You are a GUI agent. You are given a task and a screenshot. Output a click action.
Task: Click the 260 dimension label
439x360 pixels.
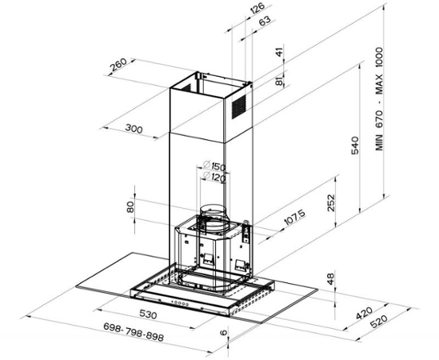click(x=118, y=65)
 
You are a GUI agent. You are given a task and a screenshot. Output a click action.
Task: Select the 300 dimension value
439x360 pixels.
click(x=134, y=129)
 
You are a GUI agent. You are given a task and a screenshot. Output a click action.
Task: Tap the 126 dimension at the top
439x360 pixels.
click(x=257, y=8)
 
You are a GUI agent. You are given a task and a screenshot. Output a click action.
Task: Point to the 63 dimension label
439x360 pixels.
click(x=265, y=21)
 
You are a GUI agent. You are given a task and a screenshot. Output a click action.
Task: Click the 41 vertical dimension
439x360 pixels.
click(x=280, y=51)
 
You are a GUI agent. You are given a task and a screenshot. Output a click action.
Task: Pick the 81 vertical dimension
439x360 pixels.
click(x=279, y=82)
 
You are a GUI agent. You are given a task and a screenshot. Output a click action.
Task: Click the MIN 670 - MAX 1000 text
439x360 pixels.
click(x=379, y=99)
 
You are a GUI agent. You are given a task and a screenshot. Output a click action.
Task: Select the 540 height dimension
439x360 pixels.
click(x=355, y=145)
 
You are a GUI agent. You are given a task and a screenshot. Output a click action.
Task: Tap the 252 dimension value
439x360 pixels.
click(x=331, y=203)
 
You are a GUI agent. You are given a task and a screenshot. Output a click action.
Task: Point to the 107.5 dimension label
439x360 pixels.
click(x=295, y=217)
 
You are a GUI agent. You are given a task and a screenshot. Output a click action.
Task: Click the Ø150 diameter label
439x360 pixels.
click(x=214, y=166)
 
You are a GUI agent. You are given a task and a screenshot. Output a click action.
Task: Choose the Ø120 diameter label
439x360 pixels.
click(x=214, y=177)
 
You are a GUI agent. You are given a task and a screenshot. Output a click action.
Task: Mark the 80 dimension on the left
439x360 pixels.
click(x=130, y=207)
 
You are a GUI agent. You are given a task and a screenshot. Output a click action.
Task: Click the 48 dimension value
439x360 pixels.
click(x=331, y=278)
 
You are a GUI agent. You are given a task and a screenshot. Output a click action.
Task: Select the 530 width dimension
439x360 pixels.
click(x=148, y=314)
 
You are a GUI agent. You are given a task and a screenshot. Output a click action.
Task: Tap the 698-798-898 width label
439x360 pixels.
click(x=134, y=332)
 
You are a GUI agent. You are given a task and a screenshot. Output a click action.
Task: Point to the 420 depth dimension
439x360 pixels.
click(x=365, y=313)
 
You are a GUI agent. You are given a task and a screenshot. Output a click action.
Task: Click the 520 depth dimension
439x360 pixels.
click(x=379, y=322)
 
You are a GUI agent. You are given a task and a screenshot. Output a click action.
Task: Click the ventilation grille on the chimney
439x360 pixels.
click(x=239, y=106)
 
